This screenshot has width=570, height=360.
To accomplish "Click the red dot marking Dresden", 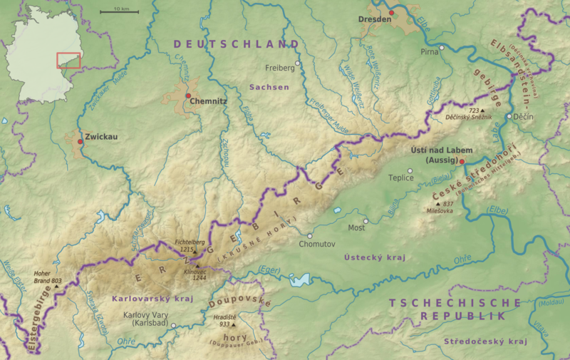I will [391, 12].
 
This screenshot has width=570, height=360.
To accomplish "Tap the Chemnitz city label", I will [209, 102].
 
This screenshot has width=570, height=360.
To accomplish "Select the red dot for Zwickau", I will [80, 142].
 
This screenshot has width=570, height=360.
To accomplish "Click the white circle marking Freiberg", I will [298, 63].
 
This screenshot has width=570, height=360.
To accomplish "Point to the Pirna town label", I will [428, 52].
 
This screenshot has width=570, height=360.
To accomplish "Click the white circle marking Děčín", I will [509, 116].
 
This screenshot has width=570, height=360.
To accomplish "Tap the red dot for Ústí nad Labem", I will [462, 162].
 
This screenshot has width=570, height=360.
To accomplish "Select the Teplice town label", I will [400, 178].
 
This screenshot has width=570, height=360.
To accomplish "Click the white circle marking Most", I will [366, 221].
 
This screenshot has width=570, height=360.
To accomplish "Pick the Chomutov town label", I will [316, 244].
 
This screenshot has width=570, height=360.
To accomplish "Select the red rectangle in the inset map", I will [68, 60].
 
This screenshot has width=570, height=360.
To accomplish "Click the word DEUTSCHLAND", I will [236, 44].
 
